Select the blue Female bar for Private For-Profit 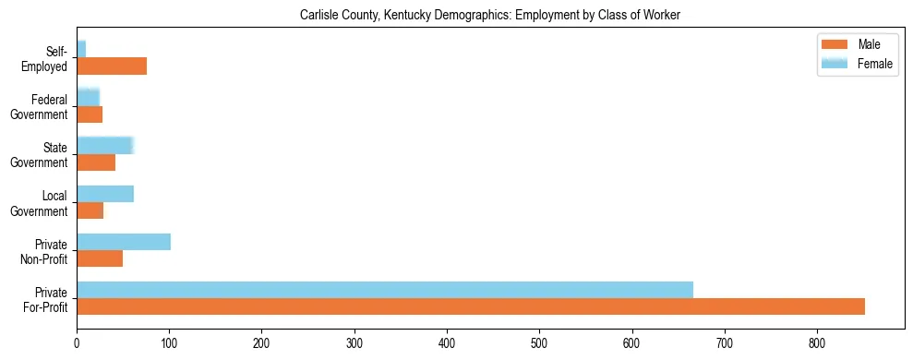[x=385, y=290]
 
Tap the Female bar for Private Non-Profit [x=124, y=242]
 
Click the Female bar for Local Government [x=105, y=194]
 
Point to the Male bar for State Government [x=96, y=162]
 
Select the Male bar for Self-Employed [x=112, y=66]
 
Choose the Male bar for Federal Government [x=90, y=114]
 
